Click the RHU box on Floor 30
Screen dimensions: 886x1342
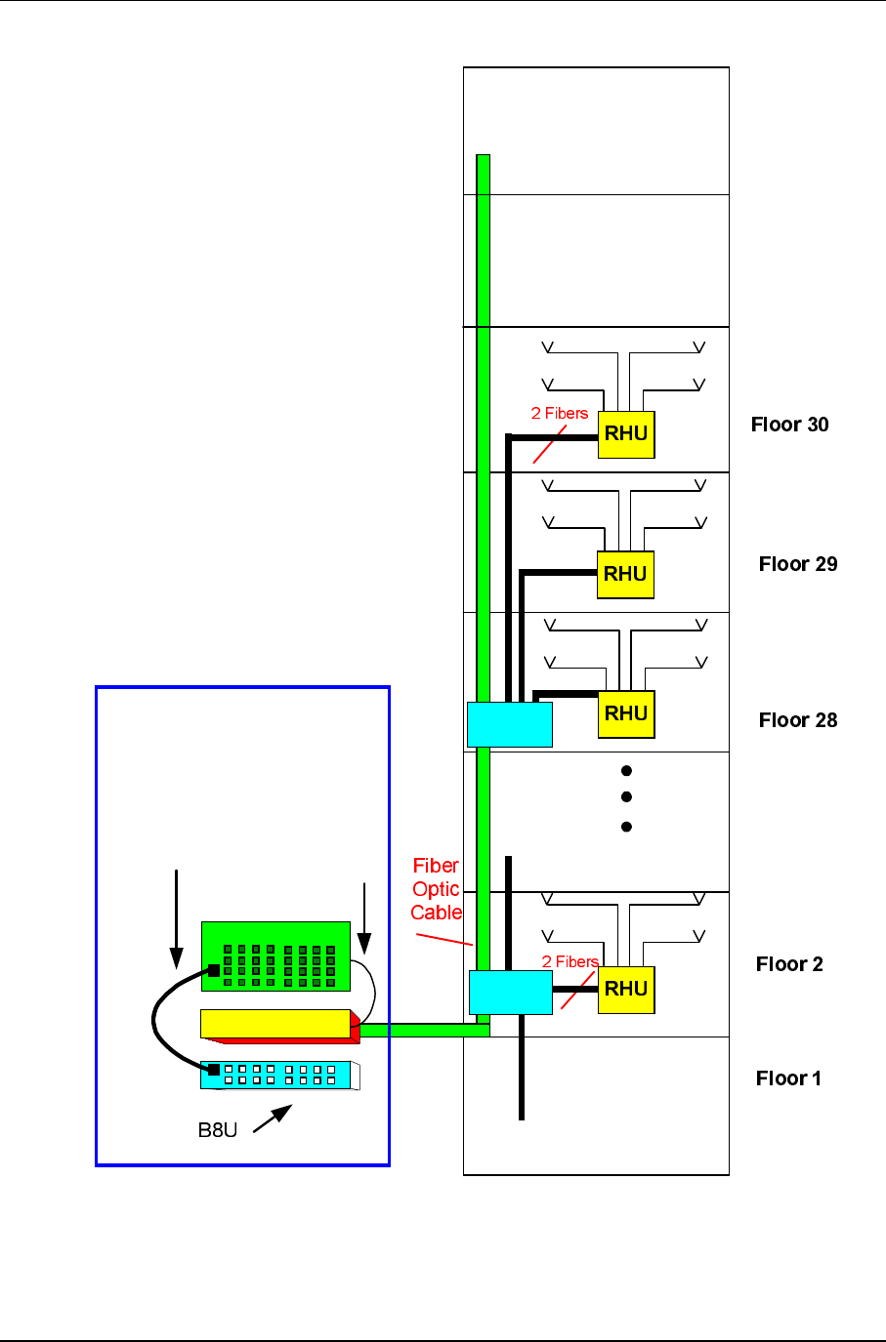pos(626,435)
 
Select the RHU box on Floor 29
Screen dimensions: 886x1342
pos(625,575)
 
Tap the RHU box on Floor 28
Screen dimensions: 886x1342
pos(626,714)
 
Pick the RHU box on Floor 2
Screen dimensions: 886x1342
pos(626,990)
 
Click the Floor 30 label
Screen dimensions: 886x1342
pos(789,425)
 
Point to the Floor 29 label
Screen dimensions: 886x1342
pos(798,564)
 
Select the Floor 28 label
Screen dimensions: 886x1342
pos(798,720)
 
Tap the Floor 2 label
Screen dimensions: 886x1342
pos(789,964)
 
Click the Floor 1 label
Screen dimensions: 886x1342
pos(788,1078)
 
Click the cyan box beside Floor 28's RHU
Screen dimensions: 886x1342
pos(510,724)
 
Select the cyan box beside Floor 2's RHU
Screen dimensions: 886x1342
pos(511,993)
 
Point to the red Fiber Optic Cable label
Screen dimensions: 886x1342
pos(436,889)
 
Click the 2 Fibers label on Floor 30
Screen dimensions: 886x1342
pos(560,414)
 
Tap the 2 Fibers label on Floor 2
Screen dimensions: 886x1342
pos(570,961)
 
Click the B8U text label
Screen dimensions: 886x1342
pos(218,1130)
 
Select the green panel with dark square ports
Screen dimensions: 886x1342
pos(275,956)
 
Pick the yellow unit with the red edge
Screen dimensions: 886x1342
pos(280,1027)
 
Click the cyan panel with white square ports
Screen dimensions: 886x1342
pos(280,1076)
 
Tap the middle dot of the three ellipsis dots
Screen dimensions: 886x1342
pos(626,796)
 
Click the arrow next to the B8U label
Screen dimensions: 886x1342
pos(273,1118)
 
